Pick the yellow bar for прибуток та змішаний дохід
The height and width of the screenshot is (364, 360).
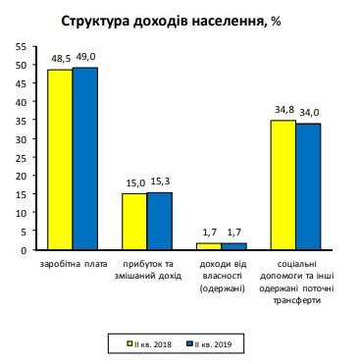[x=134, y=222]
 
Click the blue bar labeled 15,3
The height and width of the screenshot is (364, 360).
[x=159, y=221]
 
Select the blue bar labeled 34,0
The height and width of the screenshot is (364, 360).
[x=308, y=186]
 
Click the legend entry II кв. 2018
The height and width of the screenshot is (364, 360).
[x=152, y=343]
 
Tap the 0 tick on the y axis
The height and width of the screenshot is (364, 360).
[x=26, y=250]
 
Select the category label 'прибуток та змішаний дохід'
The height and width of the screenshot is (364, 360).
[x=147, y=270]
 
